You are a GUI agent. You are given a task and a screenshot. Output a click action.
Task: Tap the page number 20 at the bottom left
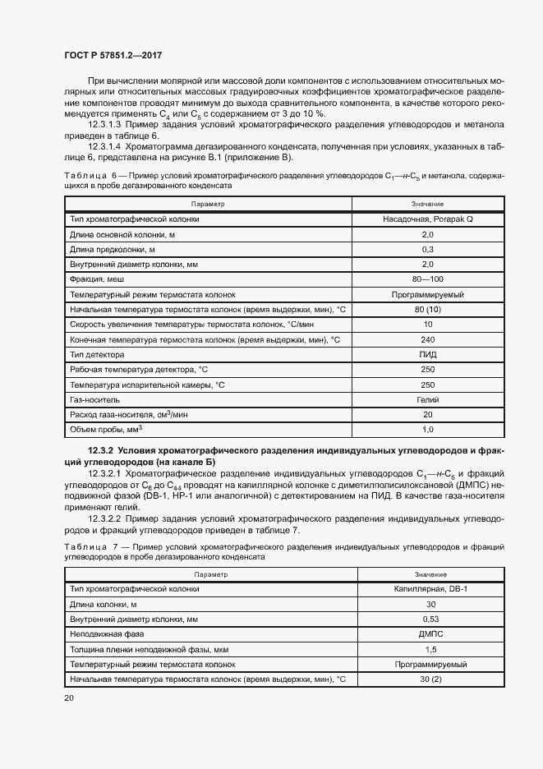[x=69, y=698]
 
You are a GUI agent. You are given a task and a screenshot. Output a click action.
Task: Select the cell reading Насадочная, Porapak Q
[x=427, y=219]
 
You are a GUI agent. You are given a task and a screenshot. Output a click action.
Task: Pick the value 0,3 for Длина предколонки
[x=427, y=249]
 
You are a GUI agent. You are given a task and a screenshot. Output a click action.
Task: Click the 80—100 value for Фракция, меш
[x=427, y=279]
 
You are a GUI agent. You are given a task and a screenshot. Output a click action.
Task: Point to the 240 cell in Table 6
[x=427, y=339]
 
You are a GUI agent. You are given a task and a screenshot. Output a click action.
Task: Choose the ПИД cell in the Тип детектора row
[x=427, y=354]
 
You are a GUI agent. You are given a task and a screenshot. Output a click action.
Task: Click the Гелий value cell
[x=427, y=399]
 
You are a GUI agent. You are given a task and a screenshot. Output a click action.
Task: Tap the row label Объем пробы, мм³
[x=107, y=429]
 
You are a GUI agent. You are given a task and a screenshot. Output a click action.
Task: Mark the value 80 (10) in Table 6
[x=427, y=309]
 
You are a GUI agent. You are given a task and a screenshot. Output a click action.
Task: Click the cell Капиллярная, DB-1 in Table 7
[x=430, y=589]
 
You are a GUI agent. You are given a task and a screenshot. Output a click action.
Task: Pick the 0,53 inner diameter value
[x=430, y=619]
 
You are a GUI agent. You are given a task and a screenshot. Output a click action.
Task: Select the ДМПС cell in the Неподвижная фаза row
[x=430, y=633]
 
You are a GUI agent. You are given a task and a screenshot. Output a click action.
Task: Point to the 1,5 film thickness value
[x=430, y=648]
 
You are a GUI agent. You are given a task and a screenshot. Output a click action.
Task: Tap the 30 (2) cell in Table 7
[x=430, y=679]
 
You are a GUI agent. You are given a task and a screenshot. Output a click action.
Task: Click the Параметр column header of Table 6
[x=207, y=203]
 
